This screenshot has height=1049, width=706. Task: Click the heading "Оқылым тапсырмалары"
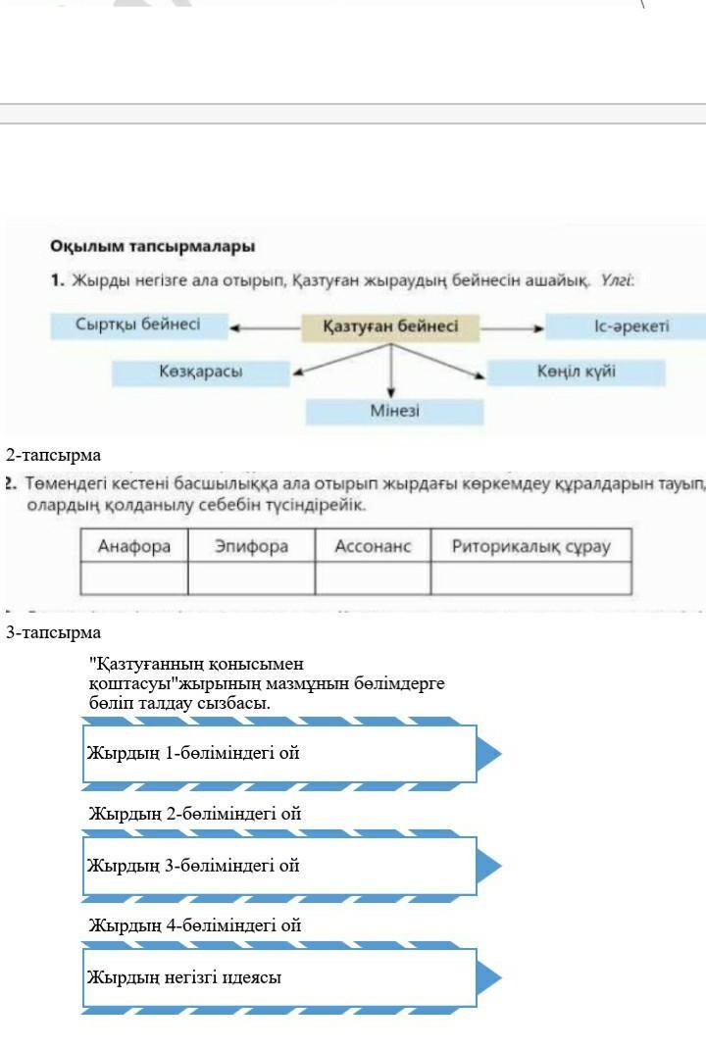[152, 245]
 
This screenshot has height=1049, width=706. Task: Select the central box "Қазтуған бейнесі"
[390, 326]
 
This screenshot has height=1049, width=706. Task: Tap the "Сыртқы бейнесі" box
[138, 325]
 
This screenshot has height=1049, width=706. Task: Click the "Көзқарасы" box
[201, 372]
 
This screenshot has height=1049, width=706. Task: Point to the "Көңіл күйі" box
[576, 373]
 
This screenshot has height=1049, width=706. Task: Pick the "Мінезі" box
[394, 411]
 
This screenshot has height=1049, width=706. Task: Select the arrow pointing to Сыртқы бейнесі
[265, 328]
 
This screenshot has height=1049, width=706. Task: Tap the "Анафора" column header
[133, 546]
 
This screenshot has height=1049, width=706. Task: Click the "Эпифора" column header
[251, 546]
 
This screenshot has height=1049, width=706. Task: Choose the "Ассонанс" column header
[373, 546]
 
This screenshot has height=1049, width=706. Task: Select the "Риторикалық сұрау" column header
[530, 546]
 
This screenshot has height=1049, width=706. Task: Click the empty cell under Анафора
[133, 578]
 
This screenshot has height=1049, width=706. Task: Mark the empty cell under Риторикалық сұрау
[530, 578]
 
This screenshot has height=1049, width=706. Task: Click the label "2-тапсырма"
[53, 455]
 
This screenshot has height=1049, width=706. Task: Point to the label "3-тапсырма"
[53, 632]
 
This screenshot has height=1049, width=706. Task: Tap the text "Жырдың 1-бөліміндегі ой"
[193, 753]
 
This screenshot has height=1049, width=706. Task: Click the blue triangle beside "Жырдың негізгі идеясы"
[488, 977]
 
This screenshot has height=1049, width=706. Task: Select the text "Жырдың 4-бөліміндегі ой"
[194, 924]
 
